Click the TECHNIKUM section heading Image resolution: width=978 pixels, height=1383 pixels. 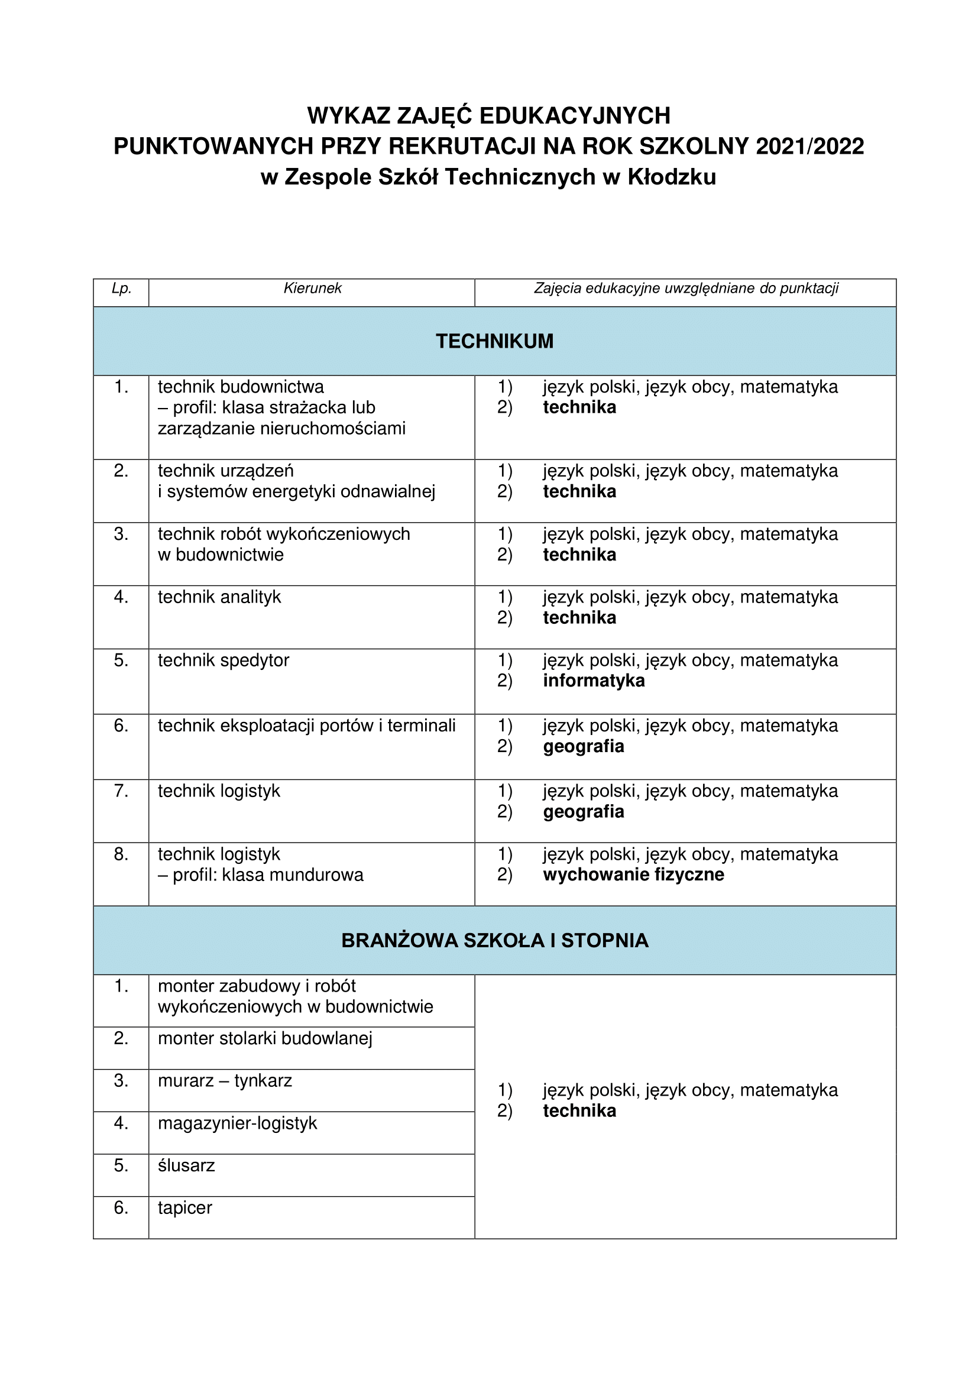494,342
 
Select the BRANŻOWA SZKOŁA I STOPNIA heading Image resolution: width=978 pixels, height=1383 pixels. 494,941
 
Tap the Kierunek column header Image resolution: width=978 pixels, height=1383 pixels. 312,289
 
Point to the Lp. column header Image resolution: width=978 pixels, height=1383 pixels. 121,289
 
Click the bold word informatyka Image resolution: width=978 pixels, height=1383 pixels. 593,681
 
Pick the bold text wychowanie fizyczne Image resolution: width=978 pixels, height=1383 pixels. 633,875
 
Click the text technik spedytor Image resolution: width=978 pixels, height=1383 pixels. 224,660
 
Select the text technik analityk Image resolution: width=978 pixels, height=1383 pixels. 219,597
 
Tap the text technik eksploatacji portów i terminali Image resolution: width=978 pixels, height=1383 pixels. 306,725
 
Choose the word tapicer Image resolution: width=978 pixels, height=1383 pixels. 185,1208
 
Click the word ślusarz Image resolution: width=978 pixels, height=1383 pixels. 186,1165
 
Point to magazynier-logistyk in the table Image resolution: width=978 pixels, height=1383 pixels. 237,1123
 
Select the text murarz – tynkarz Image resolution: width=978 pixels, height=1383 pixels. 225,1081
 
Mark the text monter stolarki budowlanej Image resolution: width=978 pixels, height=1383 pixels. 265,1038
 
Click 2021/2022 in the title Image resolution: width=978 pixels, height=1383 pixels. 809,147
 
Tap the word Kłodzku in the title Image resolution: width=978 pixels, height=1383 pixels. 672,177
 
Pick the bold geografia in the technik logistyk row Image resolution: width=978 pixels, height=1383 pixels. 583,811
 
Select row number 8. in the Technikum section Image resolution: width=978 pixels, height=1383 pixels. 121,854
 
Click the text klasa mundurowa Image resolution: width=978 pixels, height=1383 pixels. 293,875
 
